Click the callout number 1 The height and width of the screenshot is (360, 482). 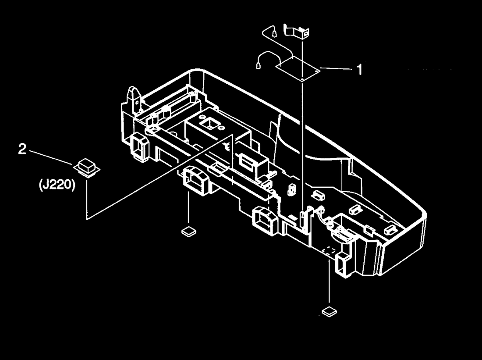[359, 70]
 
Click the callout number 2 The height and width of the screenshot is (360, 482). [22, 150]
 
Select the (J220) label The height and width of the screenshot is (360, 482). [57, 185]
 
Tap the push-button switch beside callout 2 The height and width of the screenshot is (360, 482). [87, 168]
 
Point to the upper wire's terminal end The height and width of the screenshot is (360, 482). [274, 32]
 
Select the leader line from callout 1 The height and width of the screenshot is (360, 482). [337, 68]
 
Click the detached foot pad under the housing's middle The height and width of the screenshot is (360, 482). [188, 231]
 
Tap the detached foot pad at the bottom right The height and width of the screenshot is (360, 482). [329, 312]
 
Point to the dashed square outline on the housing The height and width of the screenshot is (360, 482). [330, 250]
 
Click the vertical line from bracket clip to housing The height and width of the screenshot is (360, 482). [302, 123]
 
